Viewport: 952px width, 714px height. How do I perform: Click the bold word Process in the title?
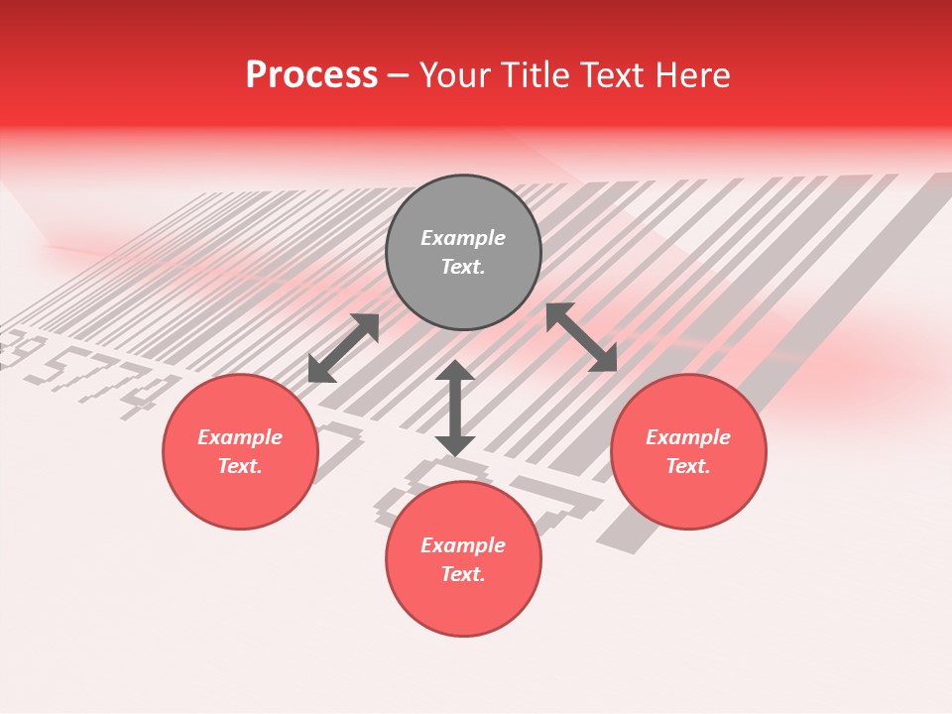[311, 75]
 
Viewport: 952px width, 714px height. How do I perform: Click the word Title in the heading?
[536, 75]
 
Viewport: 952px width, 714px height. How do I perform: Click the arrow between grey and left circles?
[343, 348]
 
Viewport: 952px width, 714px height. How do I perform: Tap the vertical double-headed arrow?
[455, 408]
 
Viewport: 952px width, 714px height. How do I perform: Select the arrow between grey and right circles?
[582, 337]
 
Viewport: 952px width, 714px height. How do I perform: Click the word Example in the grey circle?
[463, 238]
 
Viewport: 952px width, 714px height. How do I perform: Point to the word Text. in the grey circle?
[463, 267]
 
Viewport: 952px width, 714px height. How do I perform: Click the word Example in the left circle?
[240, 437]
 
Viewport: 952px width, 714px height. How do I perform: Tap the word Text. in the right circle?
[688, 466]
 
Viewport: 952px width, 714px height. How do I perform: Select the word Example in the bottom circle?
[463, 545]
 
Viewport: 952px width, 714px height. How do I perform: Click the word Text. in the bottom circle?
[463, 574]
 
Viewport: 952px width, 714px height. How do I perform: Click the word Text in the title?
[611, 75]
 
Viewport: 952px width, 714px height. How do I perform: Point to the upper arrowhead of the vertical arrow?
[455, 372]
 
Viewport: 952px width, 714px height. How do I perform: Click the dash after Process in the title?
[398, 76]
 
